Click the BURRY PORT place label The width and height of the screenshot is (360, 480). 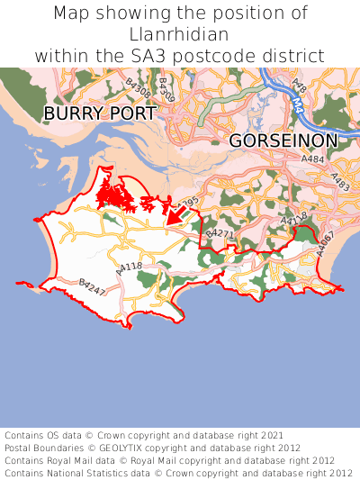click(x=100, y=113)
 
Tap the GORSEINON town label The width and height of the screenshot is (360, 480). click(x=283, y=140)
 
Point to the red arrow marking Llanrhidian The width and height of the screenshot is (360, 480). click(x=176, y=214)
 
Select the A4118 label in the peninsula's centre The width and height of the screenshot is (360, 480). click(x=129, y=267)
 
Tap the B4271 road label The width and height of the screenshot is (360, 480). click(x=220, y=234)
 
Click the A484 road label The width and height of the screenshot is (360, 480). click(x=313, y=158)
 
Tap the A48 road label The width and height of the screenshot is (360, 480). click(x=299, y=87)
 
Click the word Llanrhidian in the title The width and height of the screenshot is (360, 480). click(x=180, y=34)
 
